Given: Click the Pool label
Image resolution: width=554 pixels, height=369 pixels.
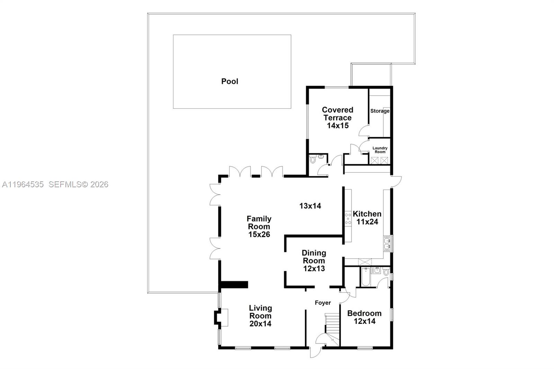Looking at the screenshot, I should [230, 81].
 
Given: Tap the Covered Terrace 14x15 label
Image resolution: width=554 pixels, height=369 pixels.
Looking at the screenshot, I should [338, 118].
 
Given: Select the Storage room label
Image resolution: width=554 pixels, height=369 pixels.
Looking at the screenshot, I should [379, 111].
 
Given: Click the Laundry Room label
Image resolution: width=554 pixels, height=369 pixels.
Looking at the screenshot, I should [380, 150].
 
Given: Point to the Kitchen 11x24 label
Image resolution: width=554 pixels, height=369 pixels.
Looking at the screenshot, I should [367, 218].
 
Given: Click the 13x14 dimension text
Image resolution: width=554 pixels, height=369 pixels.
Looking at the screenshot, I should [310, 206].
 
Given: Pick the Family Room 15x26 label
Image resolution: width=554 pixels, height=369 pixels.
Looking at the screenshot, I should [259, 226].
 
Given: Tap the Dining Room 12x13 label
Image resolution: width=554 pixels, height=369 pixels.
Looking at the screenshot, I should [314, 261].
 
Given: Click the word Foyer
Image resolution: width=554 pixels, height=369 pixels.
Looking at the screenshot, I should [323, 303].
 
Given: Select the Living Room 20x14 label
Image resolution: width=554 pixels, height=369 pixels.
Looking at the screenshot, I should [260, 316].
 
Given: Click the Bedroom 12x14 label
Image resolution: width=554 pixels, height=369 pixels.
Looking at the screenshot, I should [364, 317].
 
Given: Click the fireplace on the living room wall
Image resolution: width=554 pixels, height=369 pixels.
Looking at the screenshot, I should [221, 317].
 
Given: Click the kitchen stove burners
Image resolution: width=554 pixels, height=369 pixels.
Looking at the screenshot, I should [348, 219].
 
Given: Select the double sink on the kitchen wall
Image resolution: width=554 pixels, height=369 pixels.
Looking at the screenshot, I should [387, 243].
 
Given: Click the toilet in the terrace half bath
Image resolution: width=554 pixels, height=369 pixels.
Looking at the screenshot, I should [313, 160].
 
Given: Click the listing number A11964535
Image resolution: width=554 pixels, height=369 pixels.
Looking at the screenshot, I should [23, 184].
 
